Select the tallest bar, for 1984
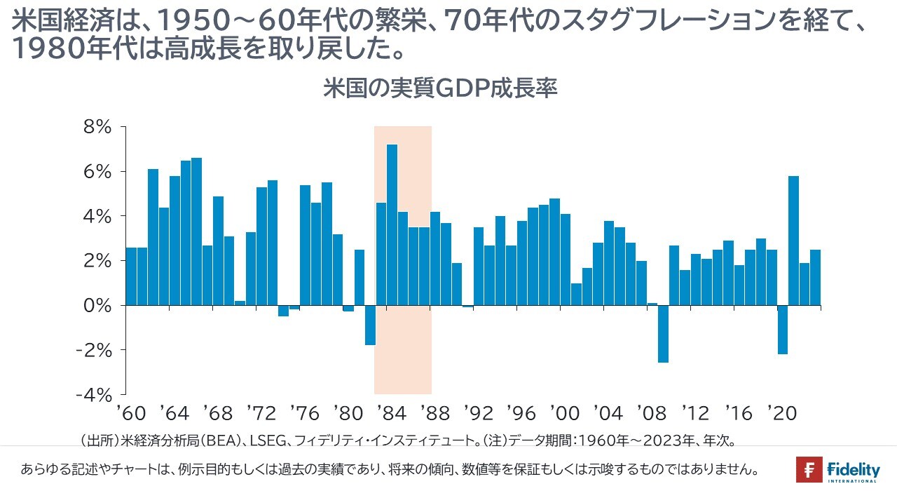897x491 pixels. click(x=392, y=224)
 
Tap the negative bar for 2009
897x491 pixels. click(x=663, y=334)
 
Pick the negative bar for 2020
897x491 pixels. click(x=783, y=330)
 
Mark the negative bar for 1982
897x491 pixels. click(x=370, y=325)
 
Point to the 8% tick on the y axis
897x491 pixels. click(x=98, y=127)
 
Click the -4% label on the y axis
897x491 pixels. click(x=95, y=394)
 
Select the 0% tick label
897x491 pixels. click(x=98, y=305)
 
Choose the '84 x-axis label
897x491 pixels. click(x=392, y=413)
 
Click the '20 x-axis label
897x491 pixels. click(x=783, y=413)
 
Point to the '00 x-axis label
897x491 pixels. click(x=566, y=413)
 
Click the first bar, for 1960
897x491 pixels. click(x=131, y=276)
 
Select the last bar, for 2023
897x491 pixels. click(x=816, y=277)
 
